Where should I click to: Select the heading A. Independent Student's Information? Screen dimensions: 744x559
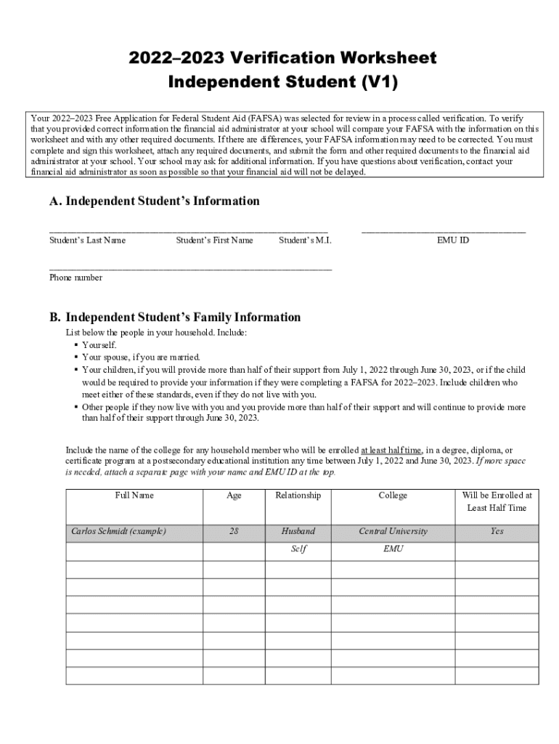[x=154, y=201]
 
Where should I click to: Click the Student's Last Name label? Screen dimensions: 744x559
[x=87, y=240]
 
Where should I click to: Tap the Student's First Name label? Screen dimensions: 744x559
[x=214, y=240]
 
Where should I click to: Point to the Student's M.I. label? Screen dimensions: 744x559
[x=305, y=240]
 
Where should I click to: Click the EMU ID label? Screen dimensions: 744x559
[x=452, y=240]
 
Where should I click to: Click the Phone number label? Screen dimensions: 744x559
[x=76, y=278]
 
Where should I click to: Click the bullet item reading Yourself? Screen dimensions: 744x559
[x=99, y=345]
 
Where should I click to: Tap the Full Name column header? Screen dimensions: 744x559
[x=134, y=496]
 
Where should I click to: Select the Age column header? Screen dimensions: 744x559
[x=234, y=496]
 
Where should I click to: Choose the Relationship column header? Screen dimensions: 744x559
[x=298, y=496]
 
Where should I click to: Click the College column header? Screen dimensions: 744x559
[x=393, y=496]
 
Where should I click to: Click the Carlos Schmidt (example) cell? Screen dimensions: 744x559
[x=118, y=531]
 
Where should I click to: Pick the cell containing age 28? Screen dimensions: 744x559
[x=234, y=531]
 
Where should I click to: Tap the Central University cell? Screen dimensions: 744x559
[x=393, y=531]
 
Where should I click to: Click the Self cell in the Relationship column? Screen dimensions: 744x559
[x=298, y=549]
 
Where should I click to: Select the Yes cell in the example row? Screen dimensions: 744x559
[x=497, y=531]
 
